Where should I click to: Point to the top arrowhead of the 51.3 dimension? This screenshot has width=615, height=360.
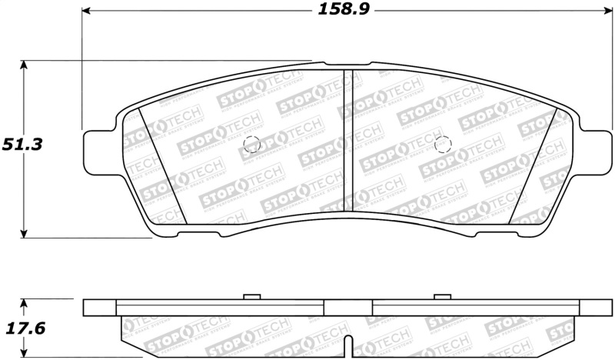click(25, 65)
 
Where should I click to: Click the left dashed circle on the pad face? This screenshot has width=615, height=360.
click(251, 144)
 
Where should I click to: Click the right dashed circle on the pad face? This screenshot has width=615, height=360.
click(442, 145)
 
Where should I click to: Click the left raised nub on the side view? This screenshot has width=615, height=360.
click(251, 296)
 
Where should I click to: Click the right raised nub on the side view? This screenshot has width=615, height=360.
click(441, 296)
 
